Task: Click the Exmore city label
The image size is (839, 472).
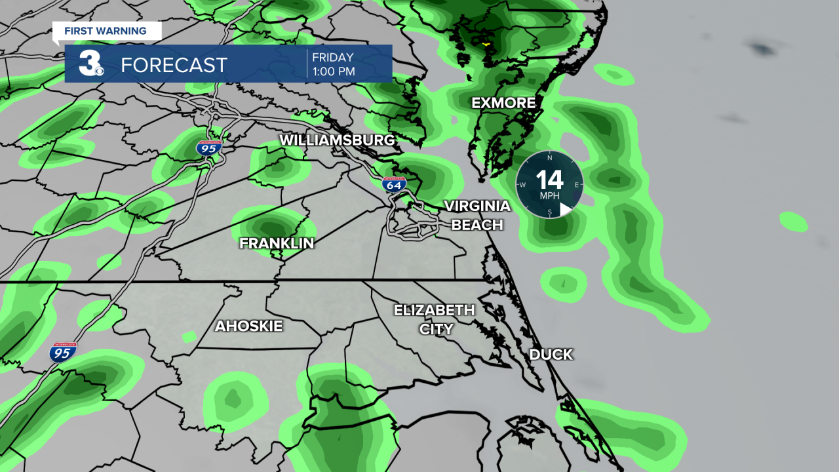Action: [x=503, y=103]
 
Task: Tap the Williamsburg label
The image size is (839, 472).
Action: [x=337, y=140]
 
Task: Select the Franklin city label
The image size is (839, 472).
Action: [x=277, y=243]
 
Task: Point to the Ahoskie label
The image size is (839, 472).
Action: [x=248, y=326]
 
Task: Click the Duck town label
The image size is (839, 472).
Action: [x=551, y=355]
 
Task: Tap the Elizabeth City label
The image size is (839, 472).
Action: [x=435, y=319]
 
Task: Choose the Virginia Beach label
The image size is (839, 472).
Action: [x=477, y=215]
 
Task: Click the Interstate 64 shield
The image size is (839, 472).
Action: [x=394, y=184]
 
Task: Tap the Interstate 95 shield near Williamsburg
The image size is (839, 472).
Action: [x=208, y=148]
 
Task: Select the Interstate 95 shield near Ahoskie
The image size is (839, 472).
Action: [x=62, y=353]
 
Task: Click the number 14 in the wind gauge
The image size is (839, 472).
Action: [x=549, y=179]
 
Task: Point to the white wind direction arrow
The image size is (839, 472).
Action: [x=565, y=209]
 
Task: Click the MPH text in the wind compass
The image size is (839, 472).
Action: [x=549, y=195]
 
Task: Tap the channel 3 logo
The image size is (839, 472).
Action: [x=90, y=64]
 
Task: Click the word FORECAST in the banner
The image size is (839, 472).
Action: [x=174, y=65]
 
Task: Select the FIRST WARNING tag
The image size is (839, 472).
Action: [x=105, y=31]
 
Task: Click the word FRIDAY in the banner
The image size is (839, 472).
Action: [x=333, y=58]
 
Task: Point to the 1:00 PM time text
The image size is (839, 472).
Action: [x=334, y=71]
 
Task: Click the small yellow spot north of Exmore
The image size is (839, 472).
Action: [x=486, y=44]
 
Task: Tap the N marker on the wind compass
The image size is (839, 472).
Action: [x=549, y=158]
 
